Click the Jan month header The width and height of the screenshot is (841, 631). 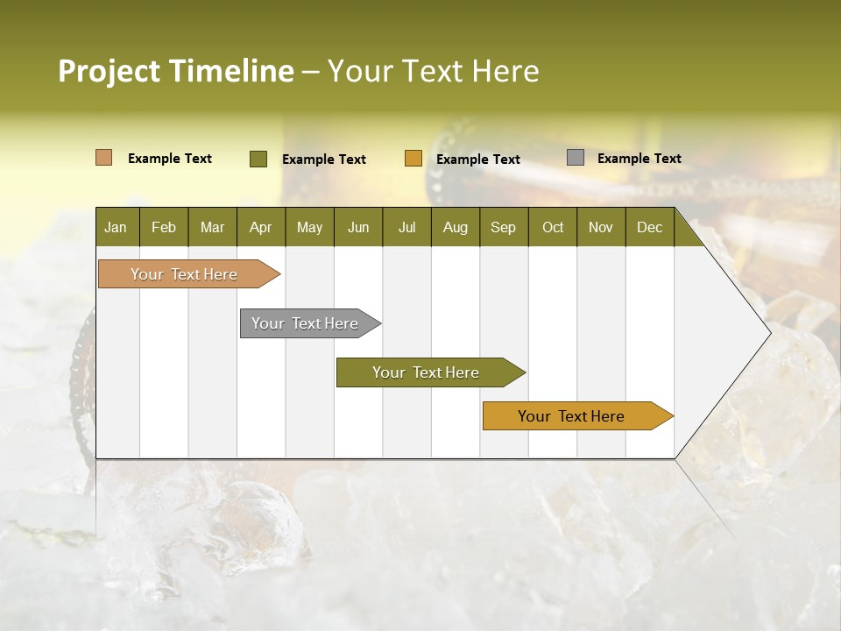[x=116, y=227]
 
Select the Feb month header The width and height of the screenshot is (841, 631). [x=164, y=227]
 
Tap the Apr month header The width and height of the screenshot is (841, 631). [x=260, y=227]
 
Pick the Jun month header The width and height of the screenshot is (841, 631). [x=358, y=227]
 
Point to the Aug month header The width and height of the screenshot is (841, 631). [x=455, y=227]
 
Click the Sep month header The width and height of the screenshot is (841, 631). [x=503, y=227]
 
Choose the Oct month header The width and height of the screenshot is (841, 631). [x=553, y=227]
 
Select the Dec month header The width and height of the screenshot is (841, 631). [x=649, y=227]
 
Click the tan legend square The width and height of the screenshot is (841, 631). [x=104, y=158]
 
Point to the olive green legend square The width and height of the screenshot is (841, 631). [x=258, y=159]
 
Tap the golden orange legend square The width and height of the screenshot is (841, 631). [x=413, y=159]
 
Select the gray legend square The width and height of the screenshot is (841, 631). [x=576, y=158]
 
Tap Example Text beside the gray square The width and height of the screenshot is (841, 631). [x=639, y=159]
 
